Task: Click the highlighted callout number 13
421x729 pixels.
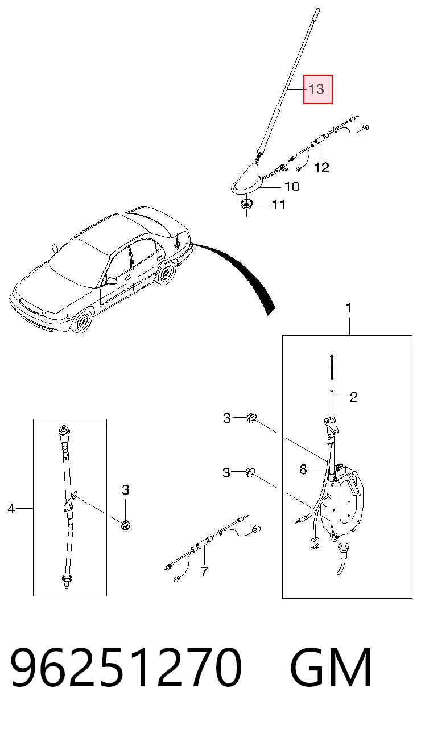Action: click(x=316, y=89)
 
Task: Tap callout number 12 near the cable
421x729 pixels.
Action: click(x=321, y=167)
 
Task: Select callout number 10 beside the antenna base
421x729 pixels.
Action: click(x=292, y=187)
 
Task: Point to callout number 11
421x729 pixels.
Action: click(x=279, y=205)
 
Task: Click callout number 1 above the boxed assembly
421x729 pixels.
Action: click(x=348, y=308)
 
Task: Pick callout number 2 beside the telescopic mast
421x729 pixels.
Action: click(x=354, y=397)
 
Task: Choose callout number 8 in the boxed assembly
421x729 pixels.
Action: click(x=303, y=469)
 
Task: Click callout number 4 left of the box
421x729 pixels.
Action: click(x=11, y=508)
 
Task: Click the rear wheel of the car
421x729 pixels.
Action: click(x=167, y=273)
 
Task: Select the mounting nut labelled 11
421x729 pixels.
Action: click(x=246, y=205)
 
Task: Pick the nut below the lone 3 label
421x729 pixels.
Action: click(x=125, y=525)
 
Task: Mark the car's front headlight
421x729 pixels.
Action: click(x=55, y=316)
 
